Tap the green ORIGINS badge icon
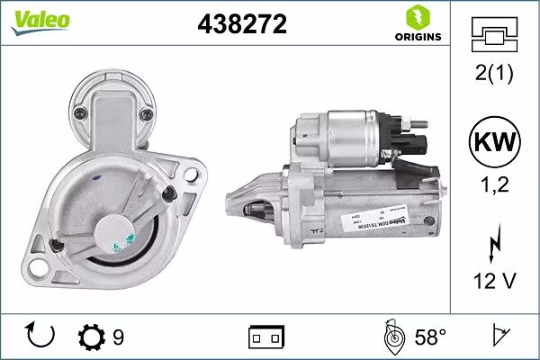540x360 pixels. (x=417, y=17)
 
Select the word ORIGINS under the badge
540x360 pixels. (x=417, y=38)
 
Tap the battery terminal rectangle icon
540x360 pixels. (x=265, y=337)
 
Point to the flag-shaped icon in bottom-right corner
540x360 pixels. (x=497, y=337)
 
